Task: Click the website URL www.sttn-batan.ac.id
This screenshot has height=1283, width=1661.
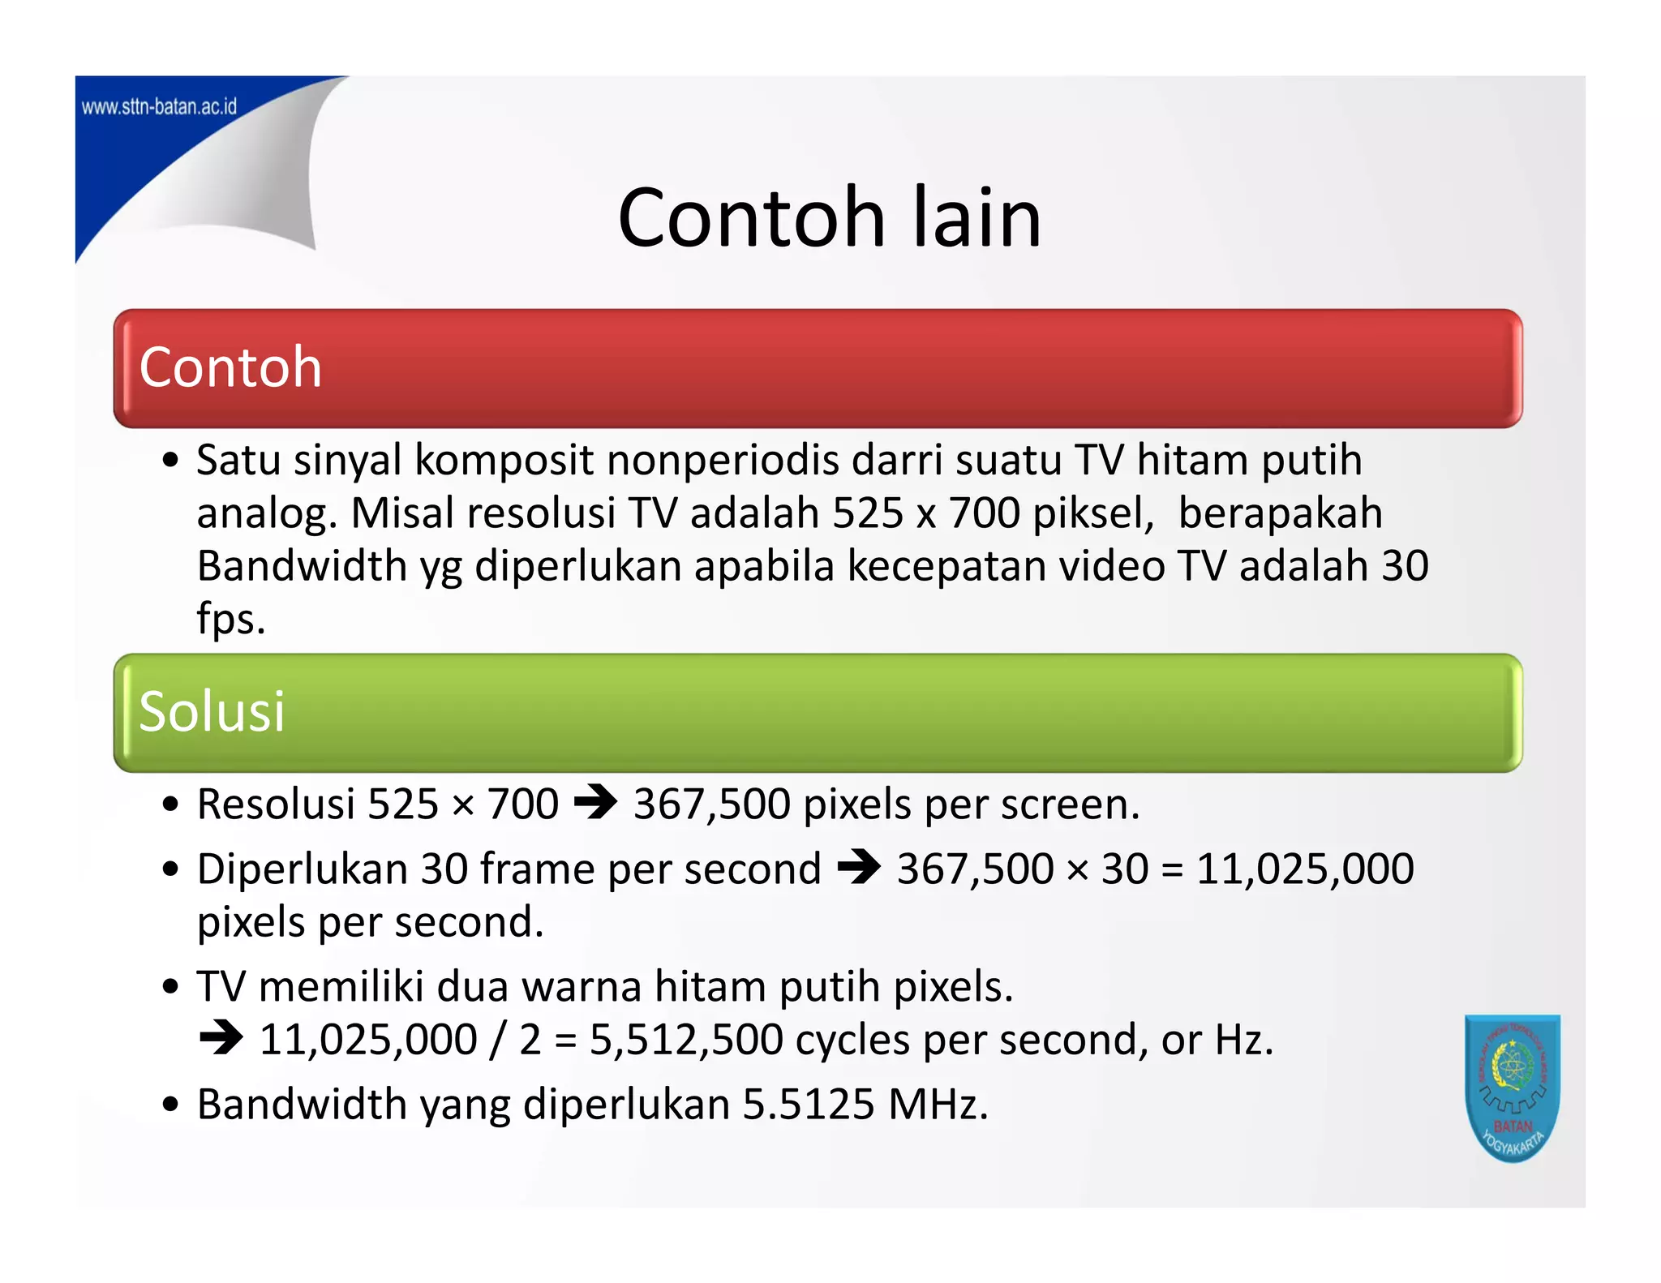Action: click(159, 107)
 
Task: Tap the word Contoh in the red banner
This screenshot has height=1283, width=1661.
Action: click(230, 367)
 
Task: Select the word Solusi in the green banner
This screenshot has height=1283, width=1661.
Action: click(212, 711)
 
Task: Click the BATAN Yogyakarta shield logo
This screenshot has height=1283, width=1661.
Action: click(1512, 1087)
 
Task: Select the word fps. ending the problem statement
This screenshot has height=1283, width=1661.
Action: click(231, 618)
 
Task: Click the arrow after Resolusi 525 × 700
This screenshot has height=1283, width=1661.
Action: click(595, 804)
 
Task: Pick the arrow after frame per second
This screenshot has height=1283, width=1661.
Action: click(859, 868)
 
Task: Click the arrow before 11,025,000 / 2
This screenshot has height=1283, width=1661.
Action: click(221, 1038)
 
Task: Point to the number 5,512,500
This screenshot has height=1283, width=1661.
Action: click(685, 1040)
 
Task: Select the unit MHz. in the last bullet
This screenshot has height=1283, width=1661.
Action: click(938, 1105)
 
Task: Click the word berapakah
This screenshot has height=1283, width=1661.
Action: click(1280, 513)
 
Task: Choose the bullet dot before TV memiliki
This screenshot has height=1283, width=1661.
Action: click(170, 987)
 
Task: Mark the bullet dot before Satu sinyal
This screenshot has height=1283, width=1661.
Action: click(170, 461)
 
